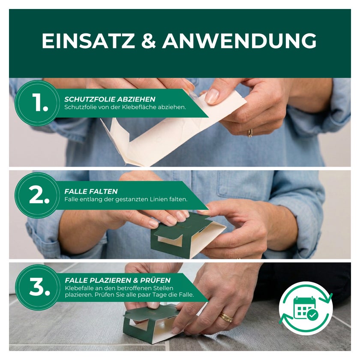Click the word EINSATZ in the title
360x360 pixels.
tap(88, 41)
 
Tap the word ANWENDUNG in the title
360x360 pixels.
tap(240, 41)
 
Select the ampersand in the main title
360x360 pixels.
tap(149, 41)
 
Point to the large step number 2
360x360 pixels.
tap(39, 195)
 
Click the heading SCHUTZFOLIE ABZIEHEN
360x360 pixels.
tap(110, 99)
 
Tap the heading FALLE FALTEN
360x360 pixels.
tap(91, 192)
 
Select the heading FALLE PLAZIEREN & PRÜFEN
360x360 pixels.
tap(118, 280)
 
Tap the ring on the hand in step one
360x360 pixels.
tap(250, 133)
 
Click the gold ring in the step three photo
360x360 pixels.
tap(226, 317)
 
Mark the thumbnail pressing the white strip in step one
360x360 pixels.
tap(212, 96)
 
